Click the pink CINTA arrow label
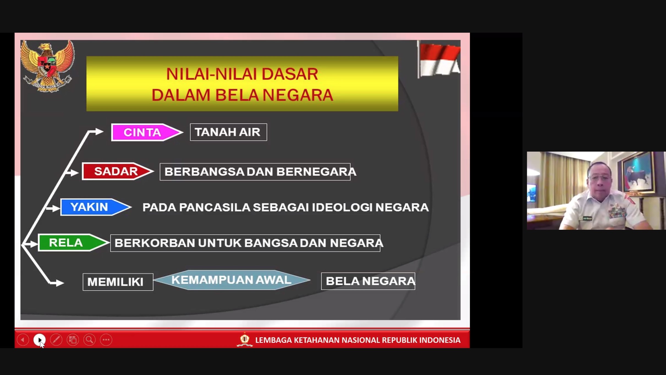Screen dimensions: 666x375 click(147, 132)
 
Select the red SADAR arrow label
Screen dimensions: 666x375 click(118, 171)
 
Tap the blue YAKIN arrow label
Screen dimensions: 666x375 click(96, 207)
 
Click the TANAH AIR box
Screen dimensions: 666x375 click(228, 132)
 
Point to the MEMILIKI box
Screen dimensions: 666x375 click(118, 282)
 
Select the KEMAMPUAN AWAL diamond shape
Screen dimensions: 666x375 click(232, 280)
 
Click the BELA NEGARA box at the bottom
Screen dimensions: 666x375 click(368, 281)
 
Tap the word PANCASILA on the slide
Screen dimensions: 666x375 click(215, 207)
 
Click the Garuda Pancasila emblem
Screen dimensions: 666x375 click(47, 66)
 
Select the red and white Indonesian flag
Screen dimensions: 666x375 click(439, 59)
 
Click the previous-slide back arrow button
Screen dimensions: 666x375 click(23, 340)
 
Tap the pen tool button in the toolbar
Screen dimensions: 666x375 click(56, 340)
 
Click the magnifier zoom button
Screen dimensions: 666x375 click(89, 340)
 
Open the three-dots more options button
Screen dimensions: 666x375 click(106, 340)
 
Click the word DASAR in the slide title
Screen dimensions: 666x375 click(290, 74)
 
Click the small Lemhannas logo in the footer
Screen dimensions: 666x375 click(244, 340)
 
